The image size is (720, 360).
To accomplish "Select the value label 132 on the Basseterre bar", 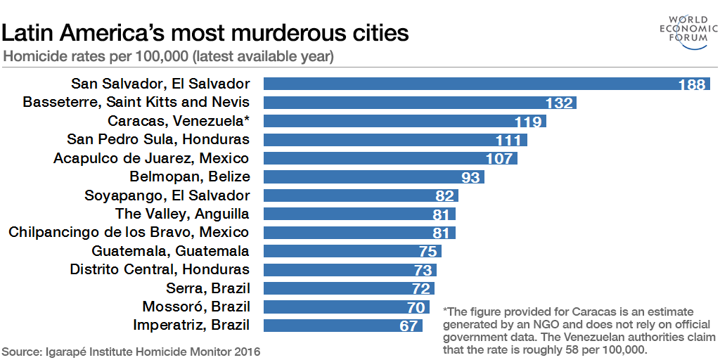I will pos(559,103).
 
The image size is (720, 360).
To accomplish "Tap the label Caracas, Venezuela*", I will pos(179,121).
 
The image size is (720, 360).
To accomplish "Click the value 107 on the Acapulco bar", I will pos(499,158).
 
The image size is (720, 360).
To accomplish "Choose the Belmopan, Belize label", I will pos(190,176).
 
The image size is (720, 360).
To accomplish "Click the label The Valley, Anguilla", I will pos(182,214).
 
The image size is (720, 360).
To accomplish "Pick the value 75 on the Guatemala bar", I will pos(427,251).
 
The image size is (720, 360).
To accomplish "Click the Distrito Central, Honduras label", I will pos(160,269).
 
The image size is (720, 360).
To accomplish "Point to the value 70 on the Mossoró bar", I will pos(416,307).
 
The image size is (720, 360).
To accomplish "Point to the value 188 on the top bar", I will pos(691,84).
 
